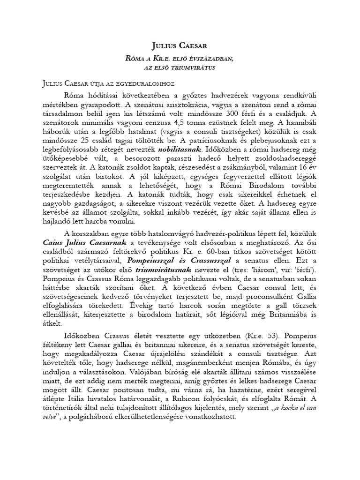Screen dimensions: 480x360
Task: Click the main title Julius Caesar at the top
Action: pyautogui.click(x=180, y=45)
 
